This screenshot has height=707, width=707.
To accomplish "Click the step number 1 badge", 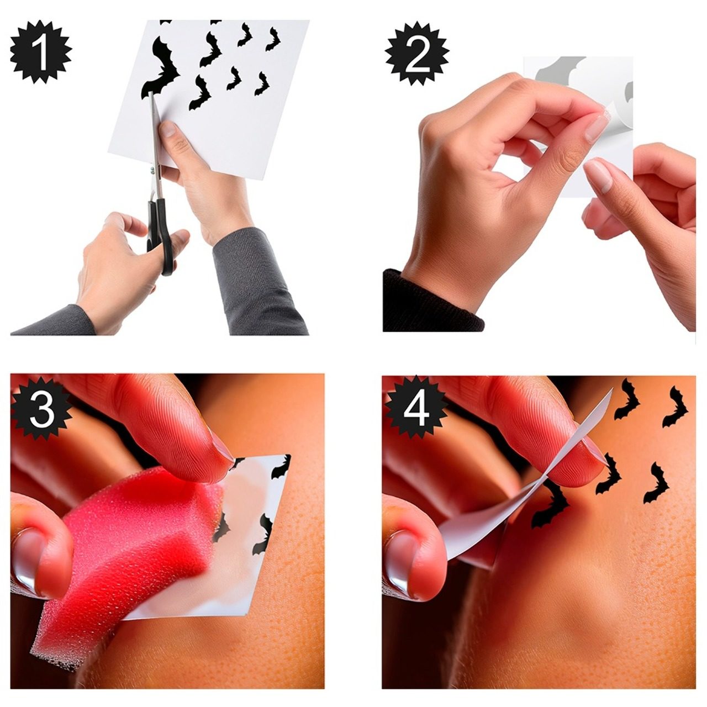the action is point(41,52).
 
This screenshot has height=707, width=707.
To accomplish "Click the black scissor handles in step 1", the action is point(161,235).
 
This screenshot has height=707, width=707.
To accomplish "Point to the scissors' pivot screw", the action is point(152,170).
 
